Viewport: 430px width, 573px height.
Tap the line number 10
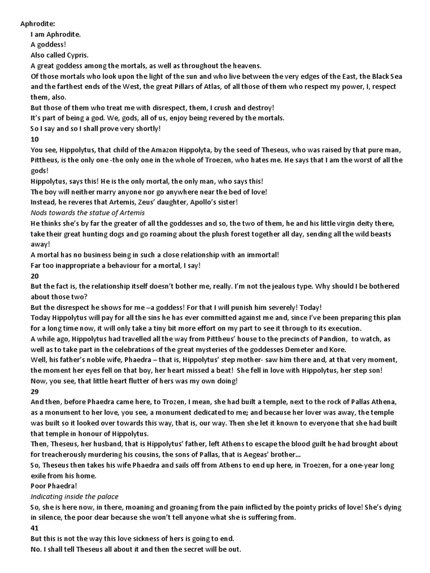(x=34, y=138)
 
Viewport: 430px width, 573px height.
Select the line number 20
(x=35, y=276)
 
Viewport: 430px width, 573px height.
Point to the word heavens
(x=246, y=65)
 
